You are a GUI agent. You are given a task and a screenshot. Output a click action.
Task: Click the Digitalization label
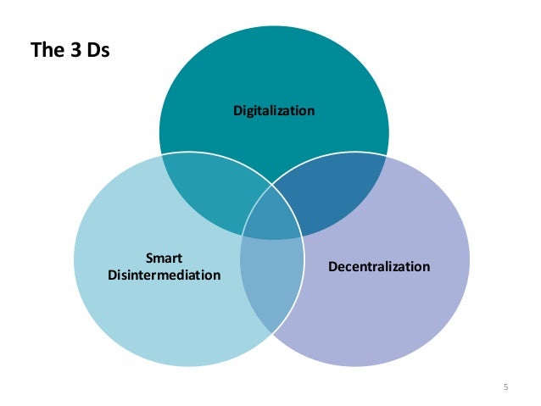tap(274, 111)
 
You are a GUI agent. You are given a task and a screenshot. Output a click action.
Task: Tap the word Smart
tap(165, 258)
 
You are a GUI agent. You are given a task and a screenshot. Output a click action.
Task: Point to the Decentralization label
tap(379, 266)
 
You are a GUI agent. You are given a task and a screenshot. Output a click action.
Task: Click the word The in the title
tap(45, 51)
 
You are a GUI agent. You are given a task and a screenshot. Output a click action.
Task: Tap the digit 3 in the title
tap(69, 51)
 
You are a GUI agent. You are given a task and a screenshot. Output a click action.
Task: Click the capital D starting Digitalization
tap(237, 111)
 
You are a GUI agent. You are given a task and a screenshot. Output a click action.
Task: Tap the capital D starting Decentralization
tap(332, 266)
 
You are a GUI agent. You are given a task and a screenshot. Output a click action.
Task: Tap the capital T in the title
tap(35, 51)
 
